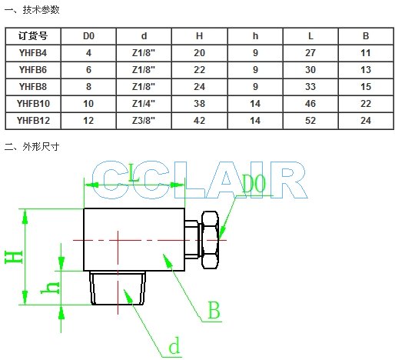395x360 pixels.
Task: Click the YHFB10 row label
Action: (x=33, y=104)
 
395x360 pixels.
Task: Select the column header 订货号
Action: (x=33, y=36)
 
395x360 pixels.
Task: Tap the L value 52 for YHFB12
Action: (x=310, y=121)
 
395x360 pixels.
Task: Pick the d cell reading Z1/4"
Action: (x=144, y=104)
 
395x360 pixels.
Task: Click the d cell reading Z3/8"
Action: (x=144, y=121)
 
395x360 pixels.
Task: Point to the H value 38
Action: (x=199, y=104)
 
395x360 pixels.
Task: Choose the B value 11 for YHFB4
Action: (x=366, y=53)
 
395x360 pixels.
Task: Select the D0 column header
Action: (x=88, y=36)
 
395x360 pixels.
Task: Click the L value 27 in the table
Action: (x=310, y=53)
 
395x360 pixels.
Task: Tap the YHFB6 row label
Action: (x=33, y=70)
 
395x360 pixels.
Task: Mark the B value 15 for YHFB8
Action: (x=366, y=87)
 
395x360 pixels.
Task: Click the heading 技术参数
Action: (x=41, y=10)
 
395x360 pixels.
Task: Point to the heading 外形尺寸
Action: (x=41, y=147)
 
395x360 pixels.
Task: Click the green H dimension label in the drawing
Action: (x=14, y=258)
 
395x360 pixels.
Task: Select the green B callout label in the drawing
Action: (x=214, y=310)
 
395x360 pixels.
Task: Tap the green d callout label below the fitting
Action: (x=174, y=345)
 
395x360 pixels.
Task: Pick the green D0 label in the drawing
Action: (x=254, y=183)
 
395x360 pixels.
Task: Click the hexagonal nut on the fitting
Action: (x=210, y=240)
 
